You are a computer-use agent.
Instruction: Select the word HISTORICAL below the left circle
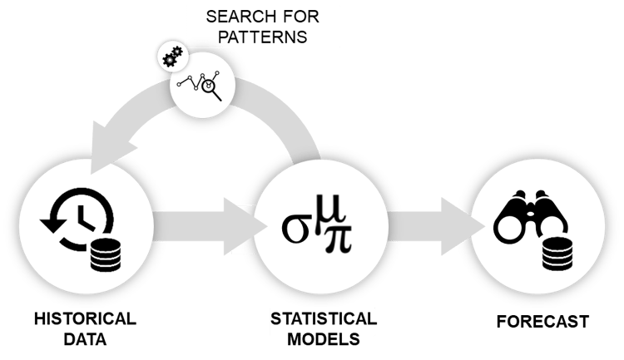click(x=84, y=320)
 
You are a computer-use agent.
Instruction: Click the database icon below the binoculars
click(x=560, y=251)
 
